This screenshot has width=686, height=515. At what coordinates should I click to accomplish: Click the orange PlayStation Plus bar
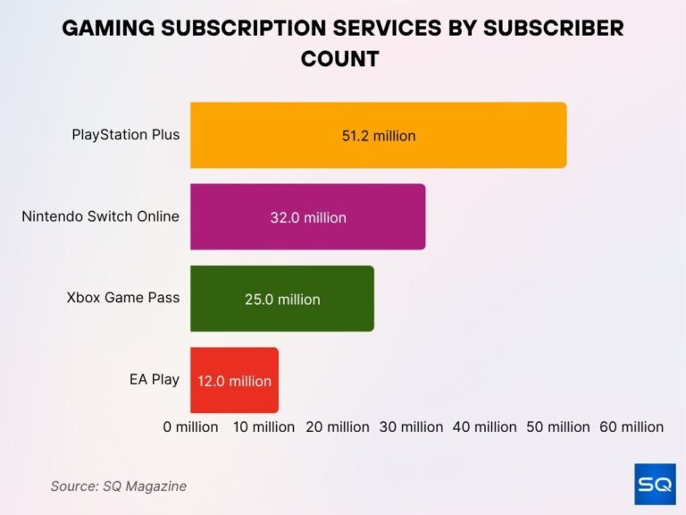pos(482,135)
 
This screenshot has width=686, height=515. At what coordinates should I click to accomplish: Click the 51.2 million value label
pos(379,136)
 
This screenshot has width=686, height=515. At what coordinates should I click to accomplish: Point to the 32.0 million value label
pos(308,217)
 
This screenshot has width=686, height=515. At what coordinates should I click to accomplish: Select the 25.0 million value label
pos(282,300)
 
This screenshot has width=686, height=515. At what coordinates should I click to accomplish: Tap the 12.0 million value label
pos(234,381)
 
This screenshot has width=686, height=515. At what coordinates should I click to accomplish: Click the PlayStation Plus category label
pos(126,135)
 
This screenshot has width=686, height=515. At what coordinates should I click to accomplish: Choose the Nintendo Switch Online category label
pos(101,216)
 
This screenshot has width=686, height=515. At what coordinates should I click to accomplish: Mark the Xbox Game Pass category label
pos(123,298)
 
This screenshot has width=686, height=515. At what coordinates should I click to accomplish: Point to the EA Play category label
pos(155,379)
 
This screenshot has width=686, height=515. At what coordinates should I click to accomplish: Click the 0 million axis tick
pos(190,426)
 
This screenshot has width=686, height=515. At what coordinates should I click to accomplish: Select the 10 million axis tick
pos(264,426)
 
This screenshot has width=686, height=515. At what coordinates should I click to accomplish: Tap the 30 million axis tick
pos(412,426)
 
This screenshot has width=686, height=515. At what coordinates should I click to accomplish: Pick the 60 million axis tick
pos(632,426)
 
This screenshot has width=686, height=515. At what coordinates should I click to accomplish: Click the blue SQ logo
pos(655,484)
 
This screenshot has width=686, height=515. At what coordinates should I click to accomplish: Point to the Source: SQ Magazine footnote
pos(118,485)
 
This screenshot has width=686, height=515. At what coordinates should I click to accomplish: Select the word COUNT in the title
pos(340,59)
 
